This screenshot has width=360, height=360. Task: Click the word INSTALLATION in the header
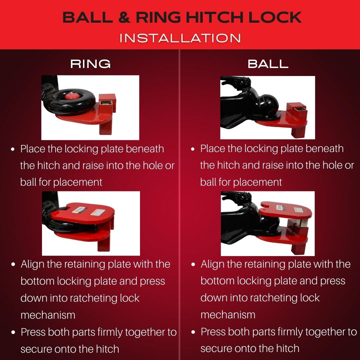point(180,38)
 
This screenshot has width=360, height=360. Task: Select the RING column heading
point(90,64)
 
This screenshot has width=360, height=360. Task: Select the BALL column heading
point(268,64)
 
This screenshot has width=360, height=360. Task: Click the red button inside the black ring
point(70,97)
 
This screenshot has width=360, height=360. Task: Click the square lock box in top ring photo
point(108,101)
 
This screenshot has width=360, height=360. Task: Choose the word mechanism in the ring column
point(48,315)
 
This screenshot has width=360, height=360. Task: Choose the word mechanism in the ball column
point(228,315)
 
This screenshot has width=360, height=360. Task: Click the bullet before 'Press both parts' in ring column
point(13,332)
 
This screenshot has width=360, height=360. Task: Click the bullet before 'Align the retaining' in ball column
point(193,264)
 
